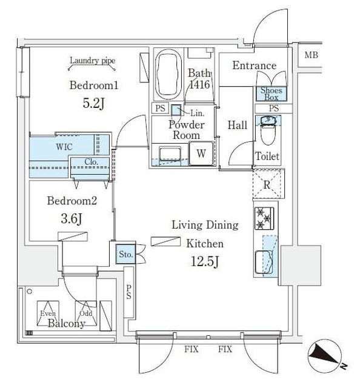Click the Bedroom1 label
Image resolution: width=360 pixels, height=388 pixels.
[93, 86]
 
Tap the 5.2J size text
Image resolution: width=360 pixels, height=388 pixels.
[93, 103]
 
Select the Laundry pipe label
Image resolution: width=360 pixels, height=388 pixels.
[93, 61]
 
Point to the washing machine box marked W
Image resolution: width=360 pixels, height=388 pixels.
[200, 154]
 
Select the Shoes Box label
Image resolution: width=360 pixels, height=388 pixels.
[270, 93]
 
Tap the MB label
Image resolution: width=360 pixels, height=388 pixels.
[311, 56]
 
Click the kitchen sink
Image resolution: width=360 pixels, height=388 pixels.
[265, 262]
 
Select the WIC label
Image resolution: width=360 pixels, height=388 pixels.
[65, 147]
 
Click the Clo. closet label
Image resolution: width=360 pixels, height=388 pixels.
[90, 162]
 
